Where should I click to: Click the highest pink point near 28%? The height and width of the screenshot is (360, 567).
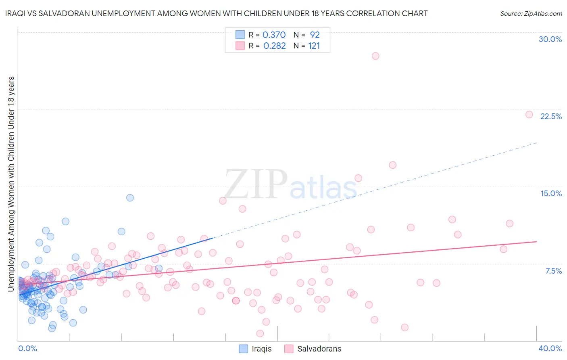pyautogui.click(x=375, y=56)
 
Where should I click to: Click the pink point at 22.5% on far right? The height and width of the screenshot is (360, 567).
pyautogui.click(x=529, y=115)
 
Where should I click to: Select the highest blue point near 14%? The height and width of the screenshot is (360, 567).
pyautogui.click(x=130, y=198)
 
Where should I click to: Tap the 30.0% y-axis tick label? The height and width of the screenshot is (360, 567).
pyautogui.click(x=550, y=39)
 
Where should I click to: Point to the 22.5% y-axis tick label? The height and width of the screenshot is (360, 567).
pyautogui.click(x=551, y=116)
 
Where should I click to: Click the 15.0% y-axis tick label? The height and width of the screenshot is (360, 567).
pyautogui.click(x=551, y=193)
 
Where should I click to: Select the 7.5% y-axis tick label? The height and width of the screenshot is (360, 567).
pyautogui.click(x=553, y=271)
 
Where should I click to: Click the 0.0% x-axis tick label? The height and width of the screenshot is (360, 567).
pyautogui.click(x=27, y=348)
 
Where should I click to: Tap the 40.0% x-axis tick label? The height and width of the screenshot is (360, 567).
pyautogui.click(x=550, y=348)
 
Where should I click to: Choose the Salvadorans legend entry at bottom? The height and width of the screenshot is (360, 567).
pyautogui.click(x=313, y=349)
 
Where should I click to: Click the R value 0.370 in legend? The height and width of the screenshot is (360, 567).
pyautogui.click(x=274, y=35)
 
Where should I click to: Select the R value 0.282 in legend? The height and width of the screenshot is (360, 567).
pyautogui.click(x=274, y=46)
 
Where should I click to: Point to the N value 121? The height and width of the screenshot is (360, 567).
pyautogui.click(x=314, y=46)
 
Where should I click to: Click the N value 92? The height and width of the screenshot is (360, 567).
pyautogui.click(x=315, y=35)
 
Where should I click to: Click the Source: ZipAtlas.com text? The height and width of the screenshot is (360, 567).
pyautogui.click(x=531, y=13)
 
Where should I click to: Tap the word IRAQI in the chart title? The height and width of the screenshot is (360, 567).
pyautogui.click(x=17, y=13)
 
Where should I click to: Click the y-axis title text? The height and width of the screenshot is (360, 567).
pyautogui.click(x=11, y=184)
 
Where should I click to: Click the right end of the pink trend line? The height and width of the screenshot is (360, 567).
pyautogui.click(x=536, y=241)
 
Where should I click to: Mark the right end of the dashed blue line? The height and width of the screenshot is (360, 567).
pyautogui.click(x=536, y=142)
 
